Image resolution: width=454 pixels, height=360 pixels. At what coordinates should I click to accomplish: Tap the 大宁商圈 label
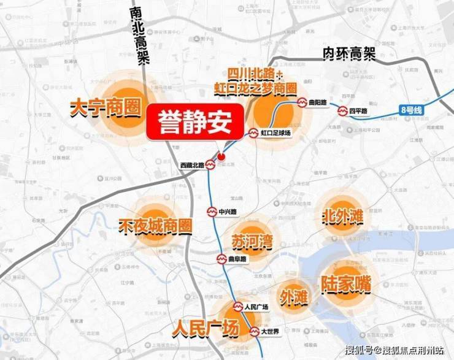pyautogui.click(x=106, y=109)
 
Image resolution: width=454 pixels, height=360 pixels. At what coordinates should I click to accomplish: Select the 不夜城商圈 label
pyautogui.click(x=155, y=225)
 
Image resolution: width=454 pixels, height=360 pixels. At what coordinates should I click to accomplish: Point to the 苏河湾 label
pyautogui.click(x=252, y=241)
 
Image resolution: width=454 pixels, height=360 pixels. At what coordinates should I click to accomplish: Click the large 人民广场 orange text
pyautogui.click(x=204, y=328)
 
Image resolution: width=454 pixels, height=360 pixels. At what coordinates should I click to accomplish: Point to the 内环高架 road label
pyautogui.click(x=349, y=54)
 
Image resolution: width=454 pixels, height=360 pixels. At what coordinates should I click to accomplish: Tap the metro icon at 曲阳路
pyautogui.click(x=302, y=103)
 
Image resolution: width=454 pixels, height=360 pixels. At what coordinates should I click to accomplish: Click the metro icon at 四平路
pyautogui.click(x=342, y=111)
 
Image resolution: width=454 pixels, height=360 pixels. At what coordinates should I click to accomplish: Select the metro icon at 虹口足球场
pyautogui.click(x=253, y=132)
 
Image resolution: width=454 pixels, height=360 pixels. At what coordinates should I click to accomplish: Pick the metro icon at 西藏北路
pyautogui.click(x=210, y=164)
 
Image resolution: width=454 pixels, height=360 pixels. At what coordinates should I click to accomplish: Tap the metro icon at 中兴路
pyautogui.click(x=212, y=211)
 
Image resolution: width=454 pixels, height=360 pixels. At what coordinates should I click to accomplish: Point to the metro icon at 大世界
pyautogui.click(x=255, y=332)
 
